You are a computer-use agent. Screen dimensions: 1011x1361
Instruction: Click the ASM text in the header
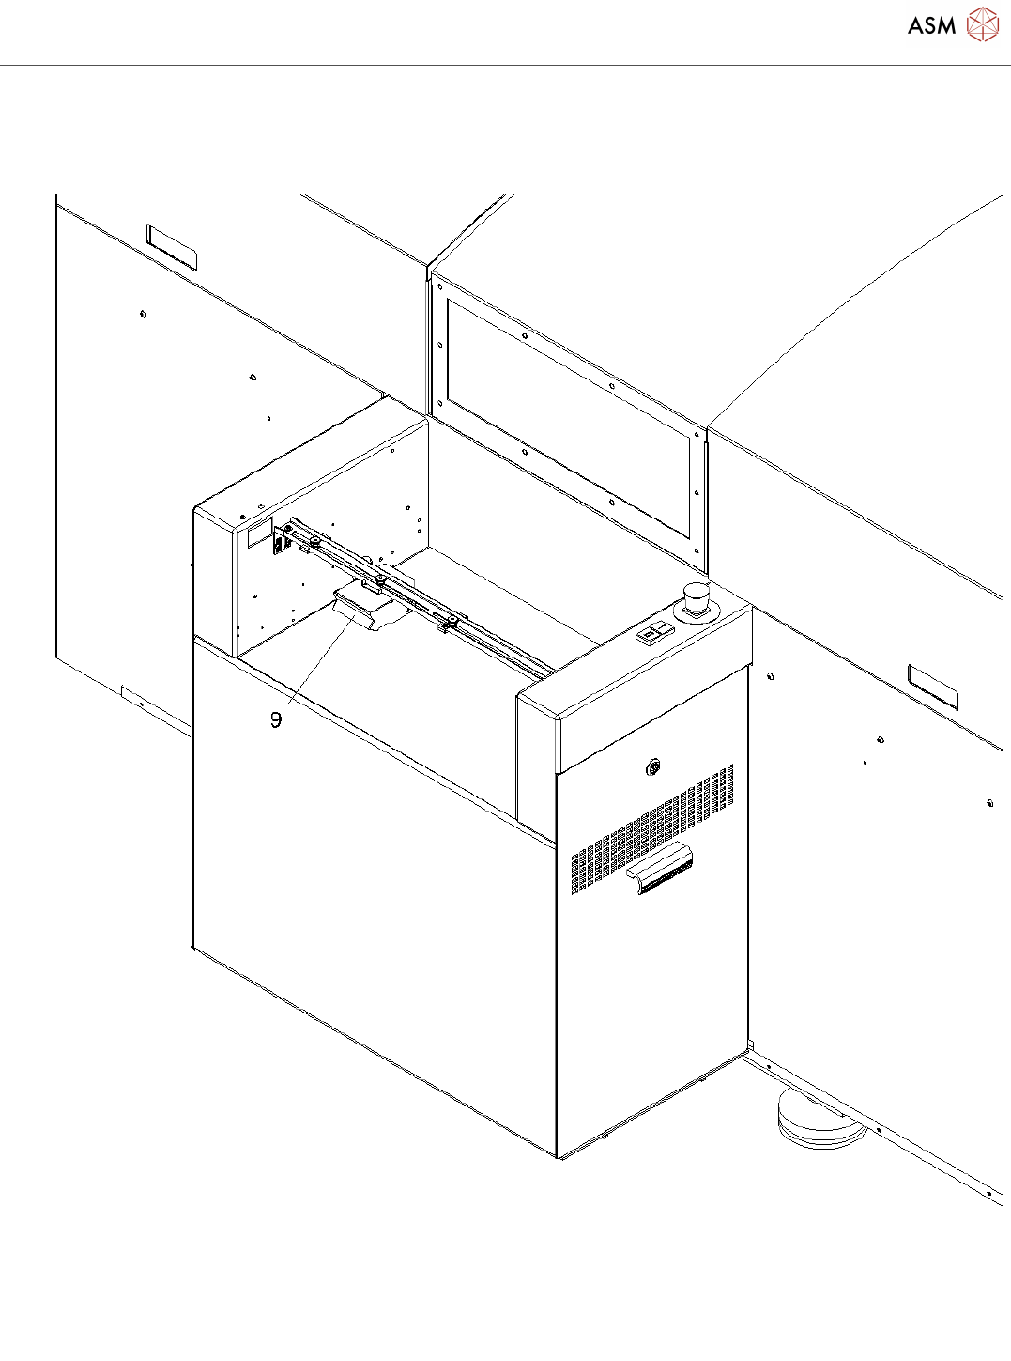(931, 26)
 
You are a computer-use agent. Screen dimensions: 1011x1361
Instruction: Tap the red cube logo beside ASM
(982, 24)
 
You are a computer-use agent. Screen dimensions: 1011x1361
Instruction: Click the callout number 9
(276, 719)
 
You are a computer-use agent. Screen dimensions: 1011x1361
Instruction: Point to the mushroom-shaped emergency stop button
(696, 598)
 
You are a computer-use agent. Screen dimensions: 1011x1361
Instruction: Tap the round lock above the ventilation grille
(652, 769)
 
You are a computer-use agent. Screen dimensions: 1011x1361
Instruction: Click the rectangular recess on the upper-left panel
(171, 247)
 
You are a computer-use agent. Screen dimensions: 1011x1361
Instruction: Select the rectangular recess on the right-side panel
(933, 686)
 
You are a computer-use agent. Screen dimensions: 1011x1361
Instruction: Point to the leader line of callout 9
(314, 667)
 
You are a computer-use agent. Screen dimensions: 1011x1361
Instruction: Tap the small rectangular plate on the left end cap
(259, 534)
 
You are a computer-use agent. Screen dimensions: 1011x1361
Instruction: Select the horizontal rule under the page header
(505, 66)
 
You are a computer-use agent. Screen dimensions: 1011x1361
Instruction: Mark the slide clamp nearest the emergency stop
(450, 621)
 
